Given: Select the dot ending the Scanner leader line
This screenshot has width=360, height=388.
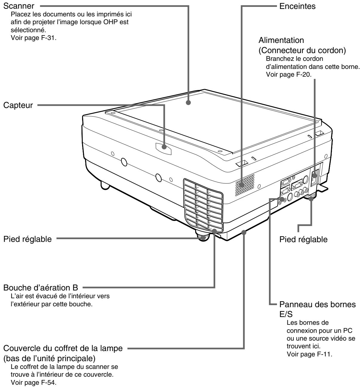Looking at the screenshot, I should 188,103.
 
